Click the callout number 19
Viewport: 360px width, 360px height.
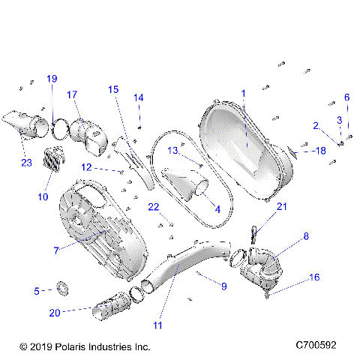(52, 79)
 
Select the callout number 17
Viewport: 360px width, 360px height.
(72, 94)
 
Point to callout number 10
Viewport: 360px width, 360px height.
(43, 197)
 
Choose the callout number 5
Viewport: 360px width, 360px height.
(37, 290)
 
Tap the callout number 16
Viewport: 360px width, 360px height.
(315, 277)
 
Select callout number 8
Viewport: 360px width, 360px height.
(306, 237)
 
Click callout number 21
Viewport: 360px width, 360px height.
(282, 206)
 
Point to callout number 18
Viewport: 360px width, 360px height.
(320, 151)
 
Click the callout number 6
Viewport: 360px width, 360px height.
(346, 97)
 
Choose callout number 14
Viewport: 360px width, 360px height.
(138, 97)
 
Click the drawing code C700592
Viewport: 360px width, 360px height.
(320, 346)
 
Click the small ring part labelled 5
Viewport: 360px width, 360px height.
(64, 287)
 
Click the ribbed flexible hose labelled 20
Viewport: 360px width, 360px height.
(112, 306)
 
